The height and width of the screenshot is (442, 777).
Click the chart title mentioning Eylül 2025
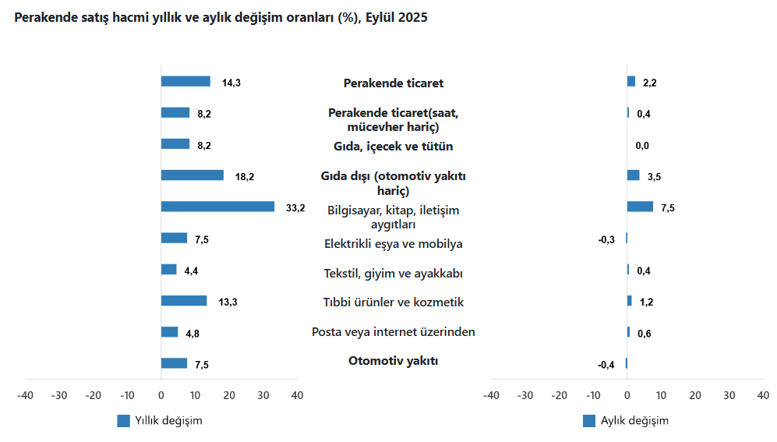(221, 18)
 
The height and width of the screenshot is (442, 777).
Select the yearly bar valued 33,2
(217, 207)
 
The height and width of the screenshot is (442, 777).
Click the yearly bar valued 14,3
(185, 81)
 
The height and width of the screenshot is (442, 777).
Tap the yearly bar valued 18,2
(192, 175)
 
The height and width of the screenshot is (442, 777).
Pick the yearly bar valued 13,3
(184, 301)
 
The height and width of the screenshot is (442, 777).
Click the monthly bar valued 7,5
(640, 207)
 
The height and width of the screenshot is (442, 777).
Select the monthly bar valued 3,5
(633, 175)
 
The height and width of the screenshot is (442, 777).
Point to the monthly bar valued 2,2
(631, 81)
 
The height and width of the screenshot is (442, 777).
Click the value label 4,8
(193, 334)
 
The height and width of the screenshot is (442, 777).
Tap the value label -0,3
(606, 239)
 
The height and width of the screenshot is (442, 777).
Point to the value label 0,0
(642, 146)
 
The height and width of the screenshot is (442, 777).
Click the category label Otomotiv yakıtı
(393, 361)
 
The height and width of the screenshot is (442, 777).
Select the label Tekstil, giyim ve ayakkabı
(393, 274)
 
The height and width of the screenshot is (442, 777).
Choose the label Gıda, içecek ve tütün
(393, 147)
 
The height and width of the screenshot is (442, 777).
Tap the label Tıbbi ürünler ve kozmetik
(393, 302)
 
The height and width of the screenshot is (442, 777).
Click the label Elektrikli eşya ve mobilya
(393, 244)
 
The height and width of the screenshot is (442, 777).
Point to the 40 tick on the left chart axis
(297, 395)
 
